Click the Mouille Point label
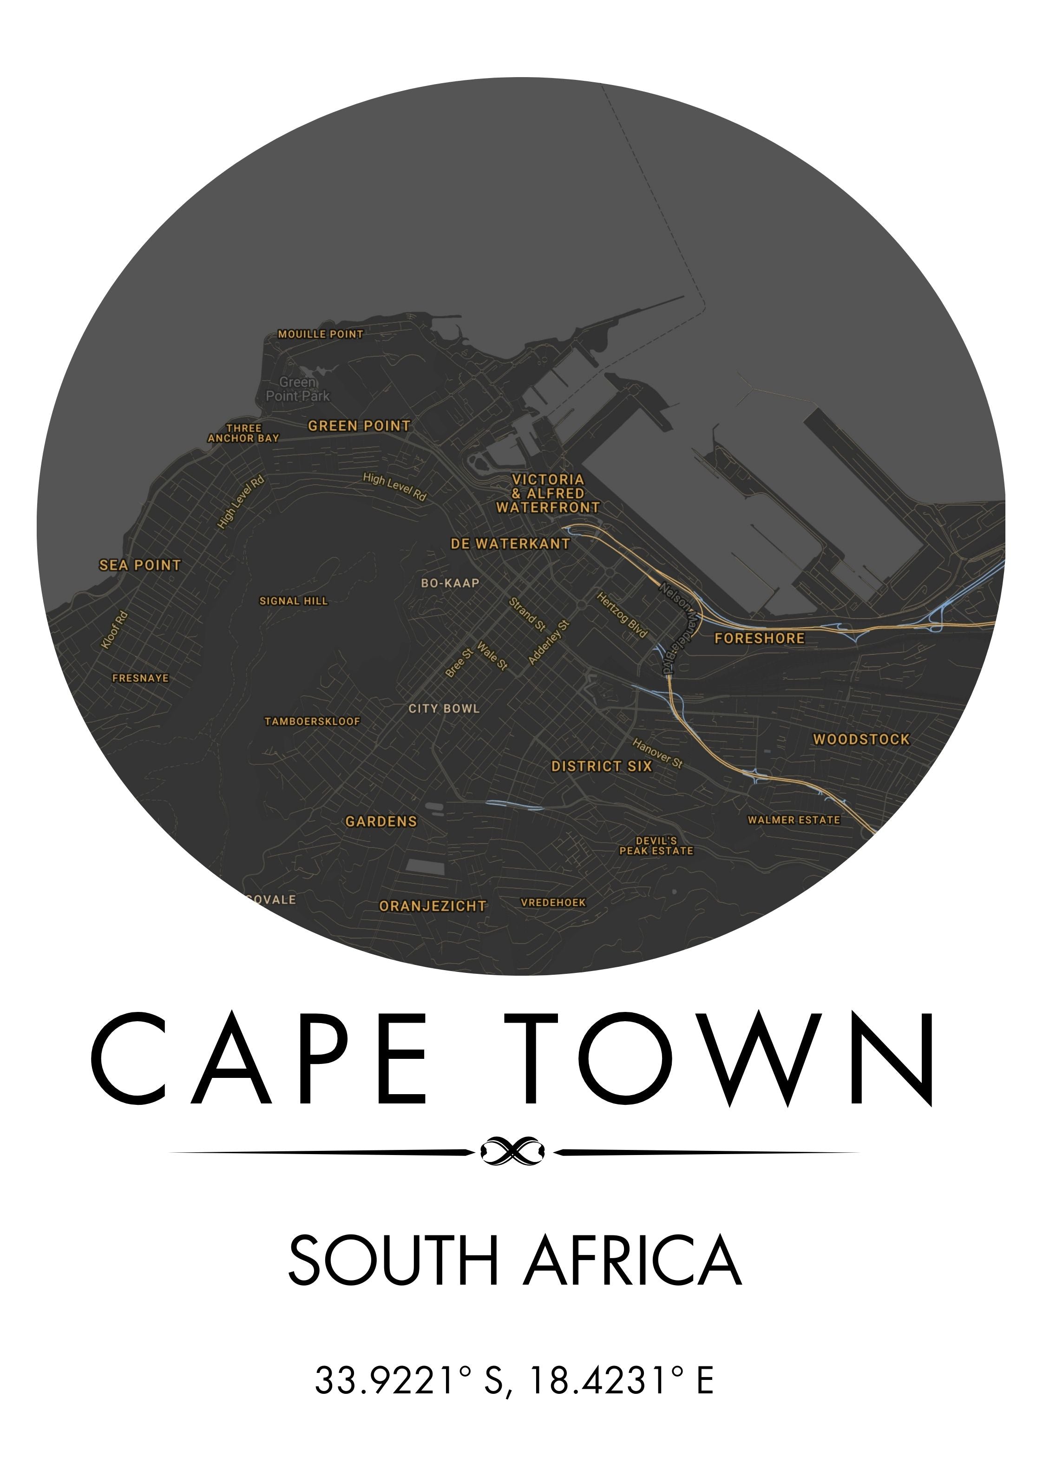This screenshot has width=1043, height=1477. (321, 334)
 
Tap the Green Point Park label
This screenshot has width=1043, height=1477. (298, 389)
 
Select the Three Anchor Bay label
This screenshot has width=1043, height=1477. (244, 433)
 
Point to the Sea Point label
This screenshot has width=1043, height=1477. (140, 565)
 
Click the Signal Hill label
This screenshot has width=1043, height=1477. (294, 601)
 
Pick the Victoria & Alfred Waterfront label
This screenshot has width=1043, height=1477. (548, 493)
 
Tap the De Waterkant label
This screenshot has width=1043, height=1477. (510, 544)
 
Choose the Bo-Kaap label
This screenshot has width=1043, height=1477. (450, 583)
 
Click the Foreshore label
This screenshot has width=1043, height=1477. (759, 638)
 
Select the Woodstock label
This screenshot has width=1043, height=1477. (861, 739)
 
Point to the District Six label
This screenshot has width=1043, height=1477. (602, 766)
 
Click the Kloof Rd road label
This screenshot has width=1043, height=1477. (115, 630)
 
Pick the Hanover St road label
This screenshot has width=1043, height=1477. (657, 753)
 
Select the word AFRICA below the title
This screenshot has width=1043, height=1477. (633, 1260)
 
